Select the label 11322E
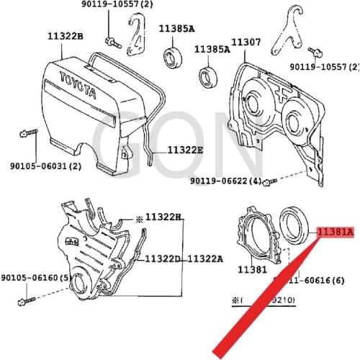185,150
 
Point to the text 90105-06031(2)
36,166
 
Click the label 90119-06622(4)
225,181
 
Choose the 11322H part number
163,216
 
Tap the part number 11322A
207,258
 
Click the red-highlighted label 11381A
336,232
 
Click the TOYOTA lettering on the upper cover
76,84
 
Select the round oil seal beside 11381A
295,224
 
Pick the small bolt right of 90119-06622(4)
268,180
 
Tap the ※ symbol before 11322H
139,216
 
